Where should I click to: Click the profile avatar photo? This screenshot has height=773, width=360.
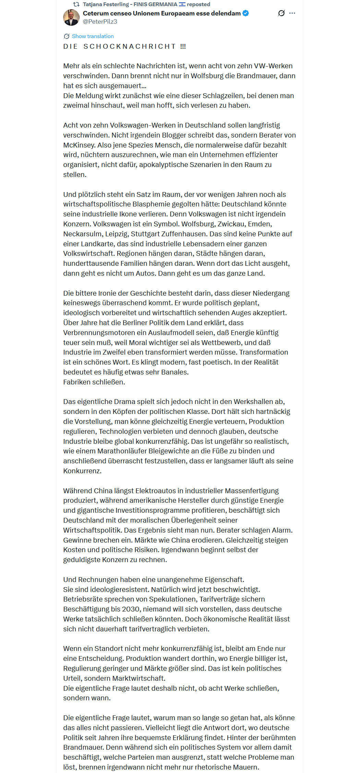pyautogui.click(x=71, y=17)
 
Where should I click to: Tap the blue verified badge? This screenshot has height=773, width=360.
pyautogui.click(x=246, y=13)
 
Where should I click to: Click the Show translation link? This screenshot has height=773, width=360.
pyautogui.click(x=93, y=36)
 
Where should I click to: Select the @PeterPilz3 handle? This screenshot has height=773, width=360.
pyautogui.click(x=100, y=22)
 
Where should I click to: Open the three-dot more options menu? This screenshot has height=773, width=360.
pyautogui.click(x=292, y=13)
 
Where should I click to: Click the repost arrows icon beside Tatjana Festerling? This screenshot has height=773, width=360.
pyautogui.click(x=76, y=4)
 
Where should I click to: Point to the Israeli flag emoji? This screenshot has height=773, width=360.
pyautogui.click(x=182, y=4)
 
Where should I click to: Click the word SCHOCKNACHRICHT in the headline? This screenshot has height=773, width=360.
pyautogui.click(x=130, y=47)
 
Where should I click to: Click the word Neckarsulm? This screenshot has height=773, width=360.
pyautogui.click(x=83, y=234)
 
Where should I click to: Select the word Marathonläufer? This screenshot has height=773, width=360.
pyautogui.click(x=122, y=451)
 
